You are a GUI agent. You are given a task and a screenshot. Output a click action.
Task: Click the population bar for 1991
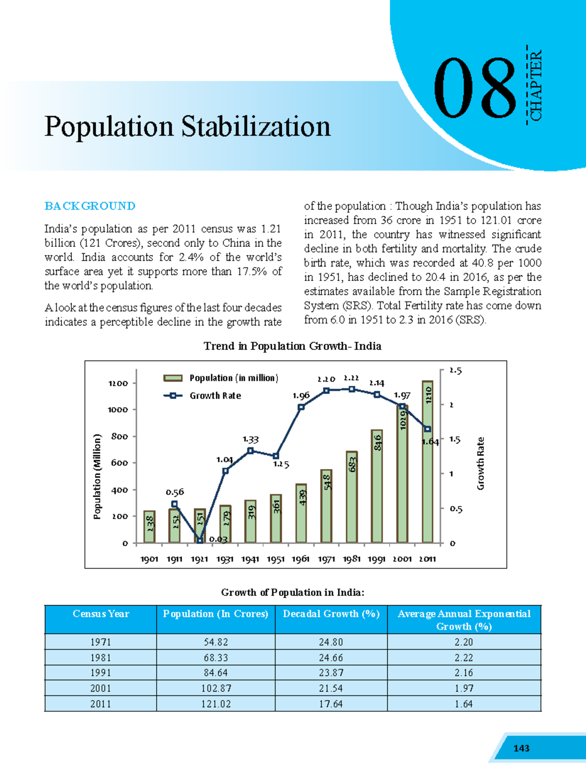point(377,486)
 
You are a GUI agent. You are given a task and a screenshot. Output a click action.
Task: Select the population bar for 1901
point(149,527)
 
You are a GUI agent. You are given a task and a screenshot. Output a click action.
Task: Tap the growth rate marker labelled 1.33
point(251,451)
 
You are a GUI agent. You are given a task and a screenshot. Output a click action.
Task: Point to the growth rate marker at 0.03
point(200,540)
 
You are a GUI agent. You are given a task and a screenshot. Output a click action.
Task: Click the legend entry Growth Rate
point(215,396)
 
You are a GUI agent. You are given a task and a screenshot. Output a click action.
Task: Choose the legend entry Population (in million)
point(233,378)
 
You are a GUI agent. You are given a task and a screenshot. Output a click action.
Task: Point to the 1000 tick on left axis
point(119,410)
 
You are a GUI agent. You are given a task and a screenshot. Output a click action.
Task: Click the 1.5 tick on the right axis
point(454,439)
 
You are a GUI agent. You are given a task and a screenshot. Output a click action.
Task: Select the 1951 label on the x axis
point(275,559)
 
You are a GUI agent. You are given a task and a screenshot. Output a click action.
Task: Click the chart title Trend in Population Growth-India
point(292,346)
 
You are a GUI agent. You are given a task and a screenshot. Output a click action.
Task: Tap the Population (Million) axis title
point(97,477)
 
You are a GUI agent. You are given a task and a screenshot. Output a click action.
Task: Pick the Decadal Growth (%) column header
point(331,614)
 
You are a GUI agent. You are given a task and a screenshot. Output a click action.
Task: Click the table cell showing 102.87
point(216,688)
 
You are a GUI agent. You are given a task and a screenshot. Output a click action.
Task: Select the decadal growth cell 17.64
point(331,704)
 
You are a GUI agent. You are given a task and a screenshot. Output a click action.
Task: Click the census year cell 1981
point(101,657)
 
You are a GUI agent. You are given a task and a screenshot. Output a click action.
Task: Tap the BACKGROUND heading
point(90,206)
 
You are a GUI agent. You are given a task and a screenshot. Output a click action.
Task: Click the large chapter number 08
point(475,89)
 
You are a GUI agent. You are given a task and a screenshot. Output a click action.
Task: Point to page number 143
point(521,748)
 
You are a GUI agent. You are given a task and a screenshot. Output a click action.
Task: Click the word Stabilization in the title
point(256,127)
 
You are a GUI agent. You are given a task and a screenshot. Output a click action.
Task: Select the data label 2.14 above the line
point(377,383)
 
